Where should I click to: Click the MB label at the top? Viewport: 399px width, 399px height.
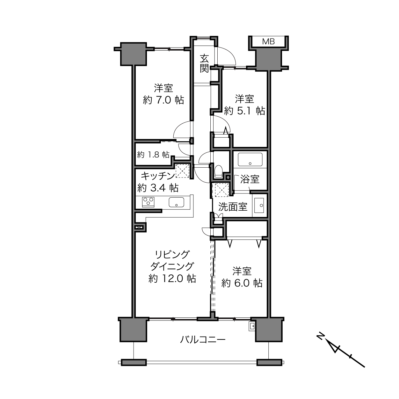coord(268,42)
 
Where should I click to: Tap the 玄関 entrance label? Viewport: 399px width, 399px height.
coord(204,63)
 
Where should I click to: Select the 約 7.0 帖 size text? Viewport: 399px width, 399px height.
coord(163,100)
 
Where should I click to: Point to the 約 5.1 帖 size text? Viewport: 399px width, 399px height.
coord(244,111)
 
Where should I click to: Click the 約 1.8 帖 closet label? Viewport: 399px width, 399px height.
coord(153,155)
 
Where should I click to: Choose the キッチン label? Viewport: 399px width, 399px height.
coord(158,176)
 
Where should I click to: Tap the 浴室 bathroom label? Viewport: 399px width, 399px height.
coord(250,179)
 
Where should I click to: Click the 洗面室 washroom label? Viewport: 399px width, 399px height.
coord(233,207)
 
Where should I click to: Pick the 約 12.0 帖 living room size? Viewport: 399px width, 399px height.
coord(172,279)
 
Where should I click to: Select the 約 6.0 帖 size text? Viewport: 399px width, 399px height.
coord(242,283)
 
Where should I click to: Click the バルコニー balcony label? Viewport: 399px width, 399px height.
coord(203,340)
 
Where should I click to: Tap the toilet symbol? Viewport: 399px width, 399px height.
coord(218,171)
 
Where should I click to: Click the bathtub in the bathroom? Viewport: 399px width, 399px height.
coord(250,159)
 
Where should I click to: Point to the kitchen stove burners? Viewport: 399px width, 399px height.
coord(148,202)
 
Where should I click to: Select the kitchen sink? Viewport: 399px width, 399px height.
coord(177,202)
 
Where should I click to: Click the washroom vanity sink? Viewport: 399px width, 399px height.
coord(259,205)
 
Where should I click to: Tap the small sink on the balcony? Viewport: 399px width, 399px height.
coord(252,327)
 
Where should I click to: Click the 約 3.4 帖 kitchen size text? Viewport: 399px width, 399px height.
coord(158,188)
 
